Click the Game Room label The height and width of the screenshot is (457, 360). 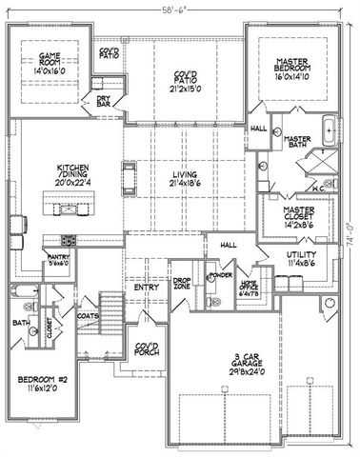tap(47, 63)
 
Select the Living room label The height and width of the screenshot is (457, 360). tap(184, 178)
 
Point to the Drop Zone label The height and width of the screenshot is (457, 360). tap(183, 282)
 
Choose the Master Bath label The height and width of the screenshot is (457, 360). tap(299, 144)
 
